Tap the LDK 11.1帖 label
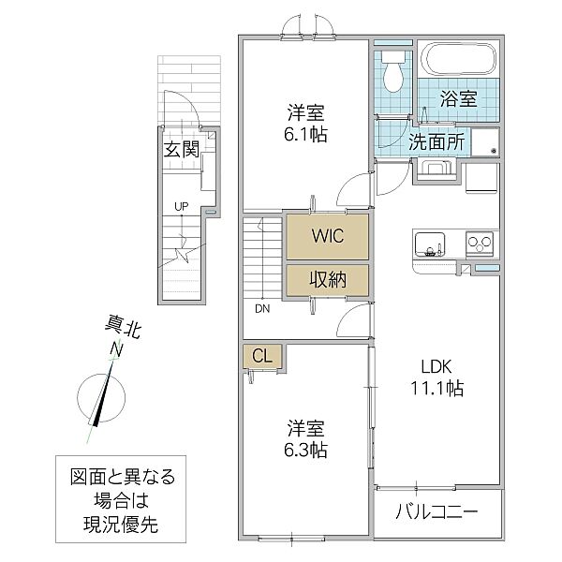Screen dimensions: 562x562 coord(437,376)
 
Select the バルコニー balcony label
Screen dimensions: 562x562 coord(436,512)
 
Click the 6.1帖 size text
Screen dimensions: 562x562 coord(306,134)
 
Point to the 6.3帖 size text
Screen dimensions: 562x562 coord(306,451)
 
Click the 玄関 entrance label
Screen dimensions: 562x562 coord(182,149)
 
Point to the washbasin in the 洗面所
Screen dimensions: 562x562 coord(434,170)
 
